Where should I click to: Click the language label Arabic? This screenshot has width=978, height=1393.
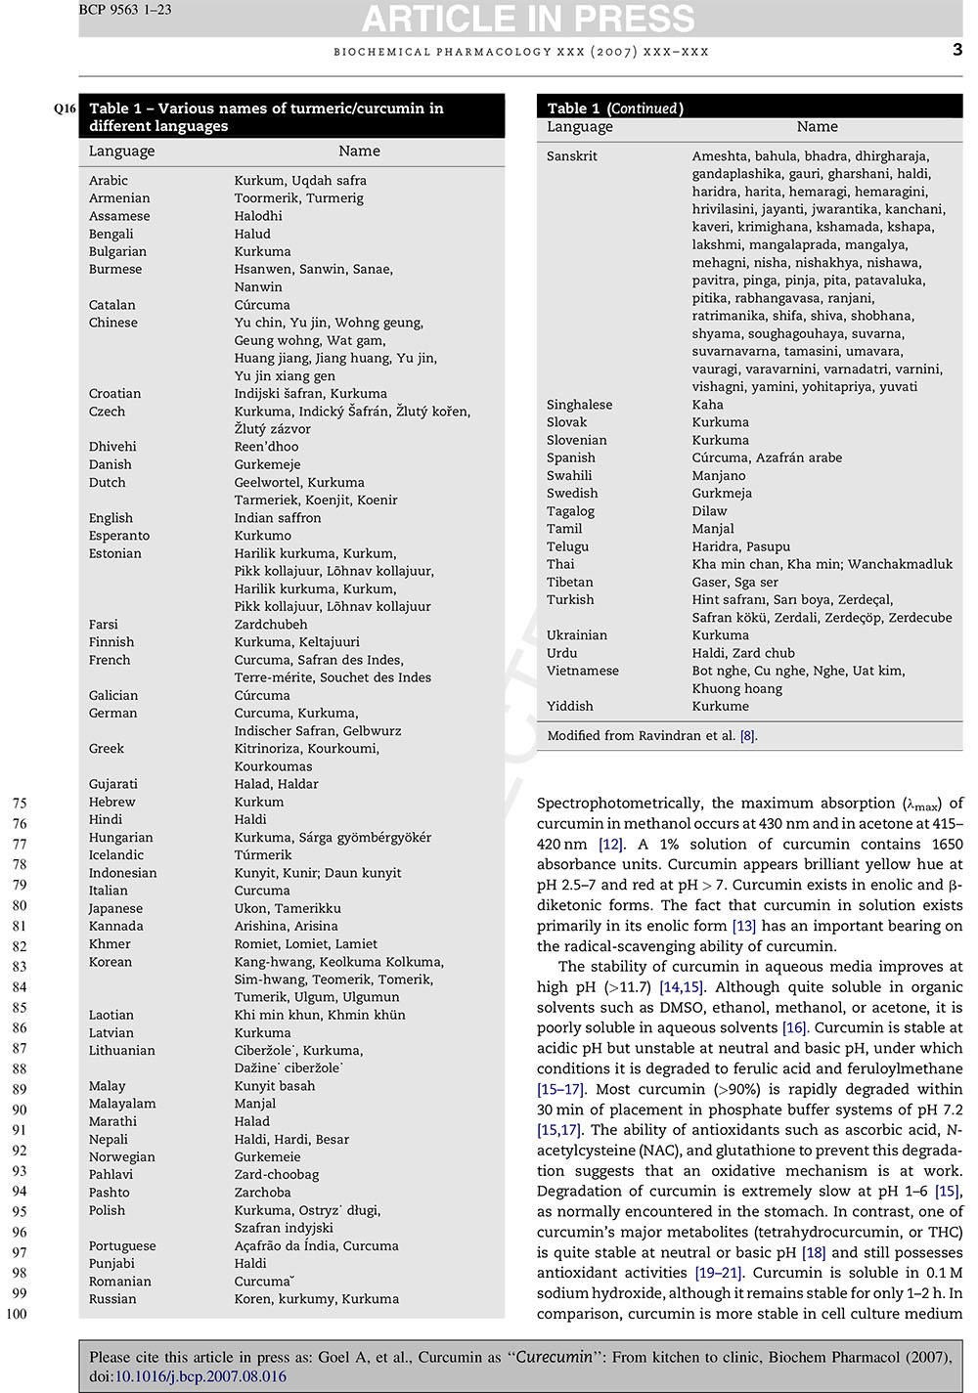[x=109, y=181]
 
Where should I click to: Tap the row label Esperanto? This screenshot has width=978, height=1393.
[x=119, y=536]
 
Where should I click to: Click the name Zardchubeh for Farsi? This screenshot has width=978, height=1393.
[x=271, y=625]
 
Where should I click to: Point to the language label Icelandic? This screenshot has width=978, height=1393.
[x=116, y=855]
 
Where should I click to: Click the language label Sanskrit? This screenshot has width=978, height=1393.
[x=572, y=156]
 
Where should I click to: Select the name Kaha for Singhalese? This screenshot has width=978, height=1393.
[x=708, y=405]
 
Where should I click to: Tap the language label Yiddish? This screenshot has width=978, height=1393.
[x=570, y=706]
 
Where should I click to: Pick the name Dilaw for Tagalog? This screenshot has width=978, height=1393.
[x=710, y=511]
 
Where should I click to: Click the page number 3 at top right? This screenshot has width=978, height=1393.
[x=957, y=50]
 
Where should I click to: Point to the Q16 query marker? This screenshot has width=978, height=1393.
[x=65, y=109]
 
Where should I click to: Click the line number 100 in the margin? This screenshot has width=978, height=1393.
[x=17, y=1314]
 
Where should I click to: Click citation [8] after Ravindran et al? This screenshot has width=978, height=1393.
[x=748, y=736]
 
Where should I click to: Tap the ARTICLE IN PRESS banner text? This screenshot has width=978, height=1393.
[x=528, y=18]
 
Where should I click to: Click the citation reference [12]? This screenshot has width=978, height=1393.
[x=610, y=845]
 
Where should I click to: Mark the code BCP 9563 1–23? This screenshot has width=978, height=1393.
[x=124, y=10]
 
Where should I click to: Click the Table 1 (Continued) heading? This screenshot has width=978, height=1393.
[x=615, y=109]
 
